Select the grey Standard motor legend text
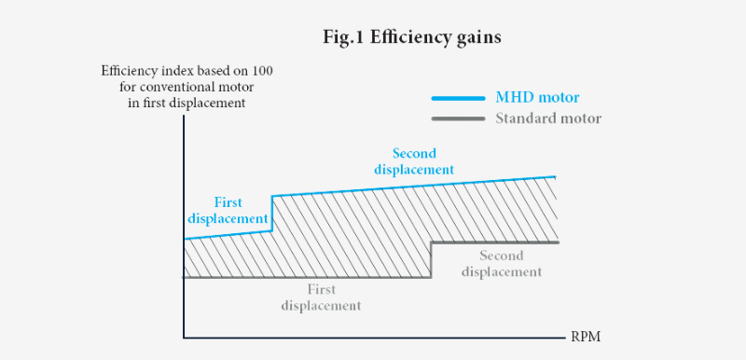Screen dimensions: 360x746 pyautogui.click(x=547, y=118)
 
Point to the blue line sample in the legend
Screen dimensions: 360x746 pyautogui.click(x=457, y=98)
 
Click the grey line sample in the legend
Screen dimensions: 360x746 pyautogui.click(x=457, y=118)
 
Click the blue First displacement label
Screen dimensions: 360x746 pyautogui.click(x=228, y=210)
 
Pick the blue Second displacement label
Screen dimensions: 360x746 pyautogui.click(x=413, y=161)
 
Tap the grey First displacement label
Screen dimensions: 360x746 pyautogui.click(x=320, y=298)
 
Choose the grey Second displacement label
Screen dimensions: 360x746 pyautogui.click(x=502, y=264)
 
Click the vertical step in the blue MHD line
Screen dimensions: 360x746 pyautogui.click(x=271, y=214)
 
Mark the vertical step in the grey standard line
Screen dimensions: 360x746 pyautogui.click(x=431, y=259)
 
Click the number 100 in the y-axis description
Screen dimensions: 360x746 pyautogui.click(x=261, y=71)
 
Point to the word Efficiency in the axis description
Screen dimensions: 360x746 pyautogui.click(x=129, y=71)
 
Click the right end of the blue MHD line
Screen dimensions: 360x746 pyautogui.click(x=556, y=176)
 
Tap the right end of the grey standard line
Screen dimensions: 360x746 pyautogui.click(x=557, y=242)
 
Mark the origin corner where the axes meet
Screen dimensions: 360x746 pyautogui.click(x=184, y=338)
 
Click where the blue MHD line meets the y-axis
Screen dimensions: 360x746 pyautogui.click(x=185, y=240)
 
